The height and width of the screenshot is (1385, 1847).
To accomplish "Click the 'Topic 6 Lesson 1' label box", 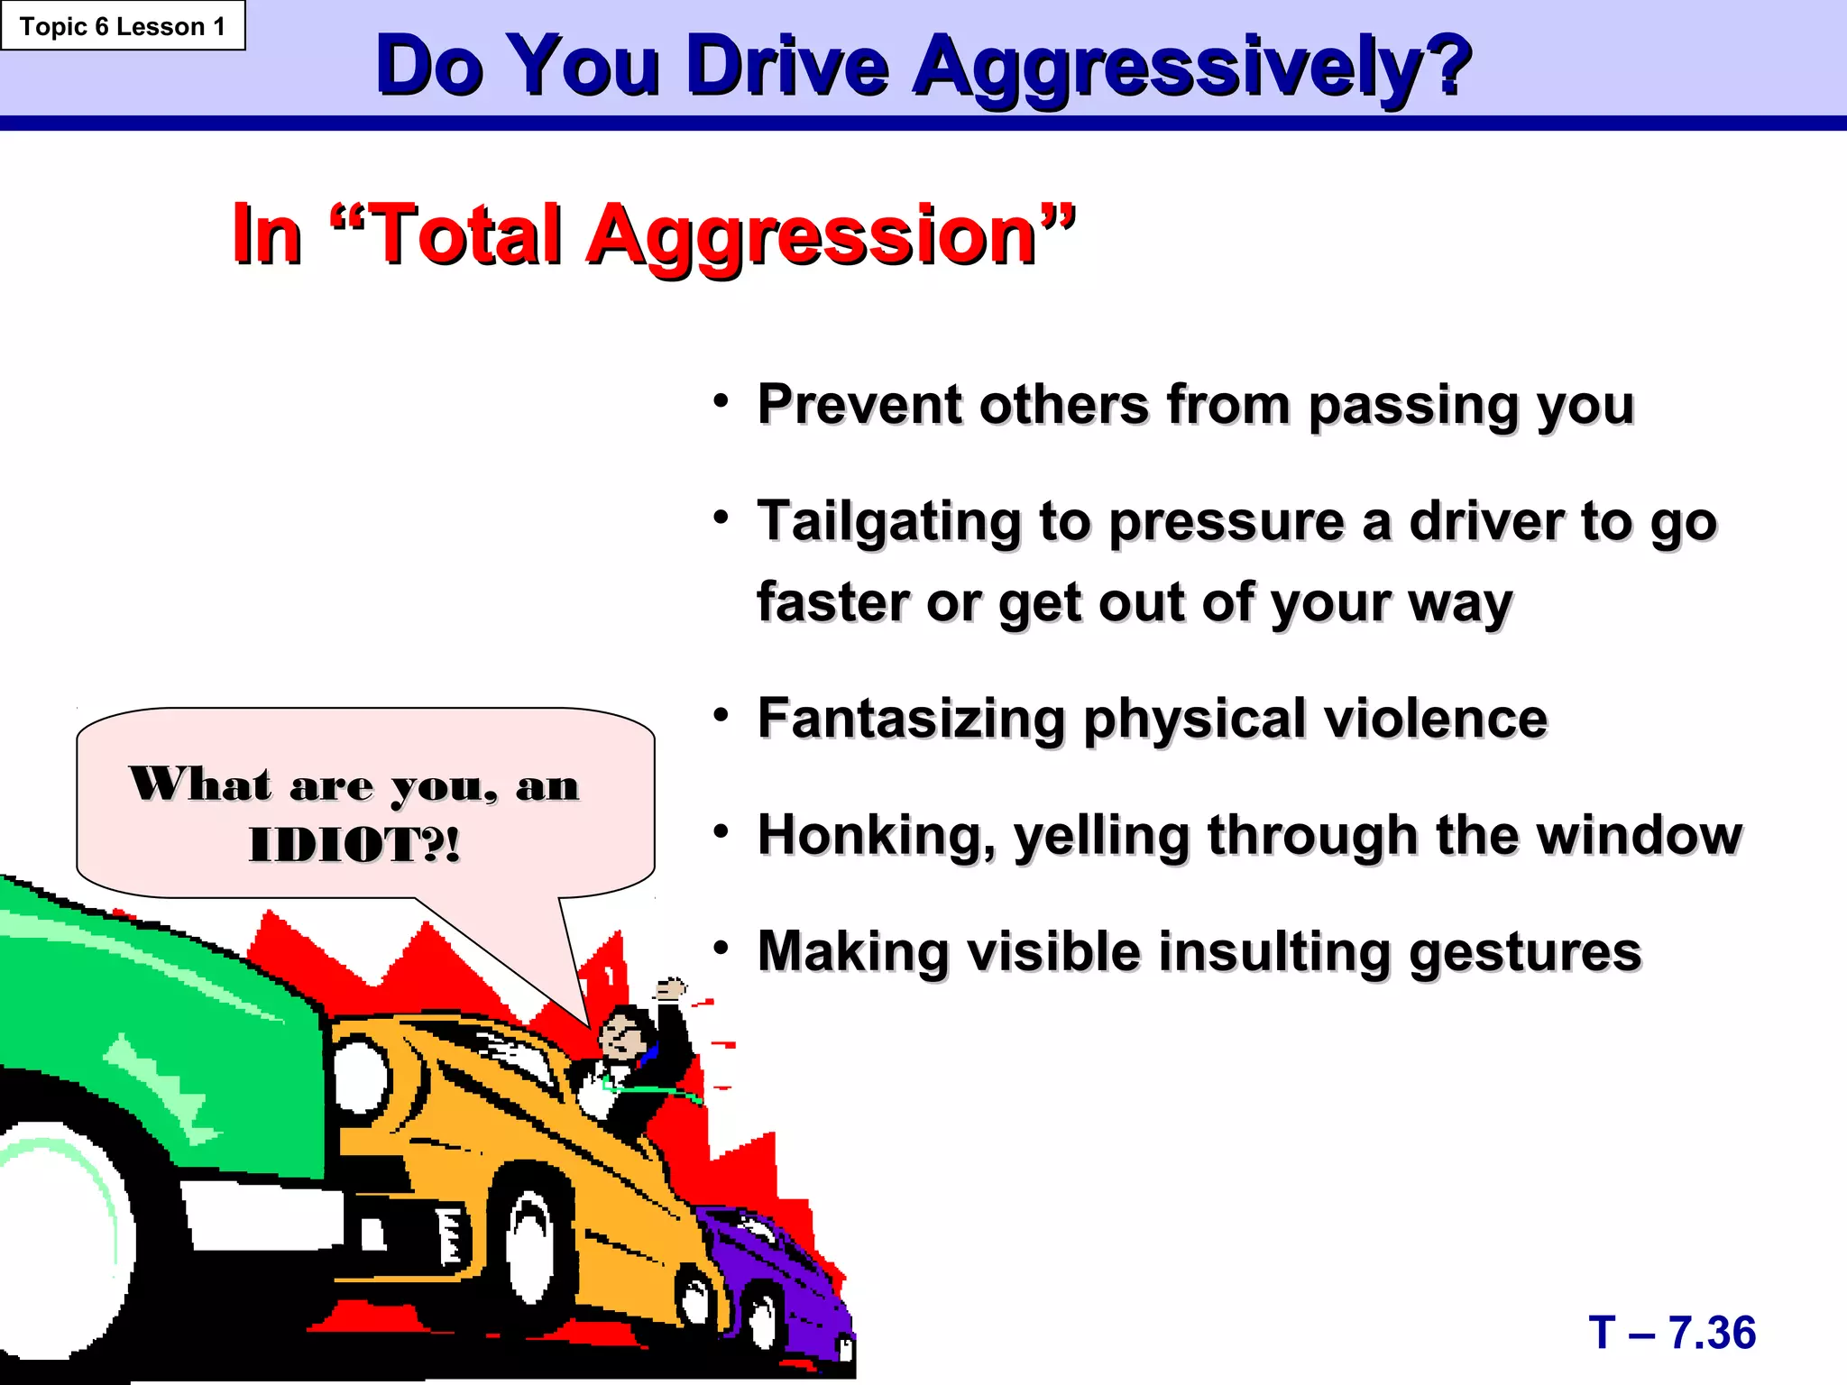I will (x=123, y=26).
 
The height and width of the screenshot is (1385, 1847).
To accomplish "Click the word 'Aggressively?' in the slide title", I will (x=1192, y=67).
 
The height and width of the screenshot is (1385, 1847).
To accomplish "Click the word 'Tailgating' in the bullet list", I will (x=888, y=523).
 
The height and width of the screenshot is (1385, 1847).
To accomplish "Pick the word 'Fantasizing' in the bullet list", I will (x=911, y=720).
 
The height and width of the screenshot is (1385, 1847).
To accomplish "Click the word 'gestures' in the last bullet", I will (x=1525, y=954).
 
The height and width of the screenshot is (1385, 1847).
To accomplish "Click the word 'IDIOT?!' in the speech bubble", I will (x=354, y=845).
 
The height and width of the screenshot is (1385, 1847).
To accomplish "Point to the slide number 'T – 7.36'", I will (x=1672, y=1333).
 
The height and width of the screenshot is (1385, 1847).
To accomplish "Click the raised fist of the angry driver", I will (x=670, y=990).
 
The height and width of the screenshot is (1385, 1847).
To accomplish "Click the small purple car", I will (x=776, y=1280).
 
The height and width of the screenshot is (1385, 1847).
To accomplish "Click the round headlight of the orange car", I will (x=361, y=1078).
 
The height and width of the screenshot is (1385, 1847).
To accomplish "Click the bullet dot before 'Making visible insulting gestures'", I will (x=720, y=949).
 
